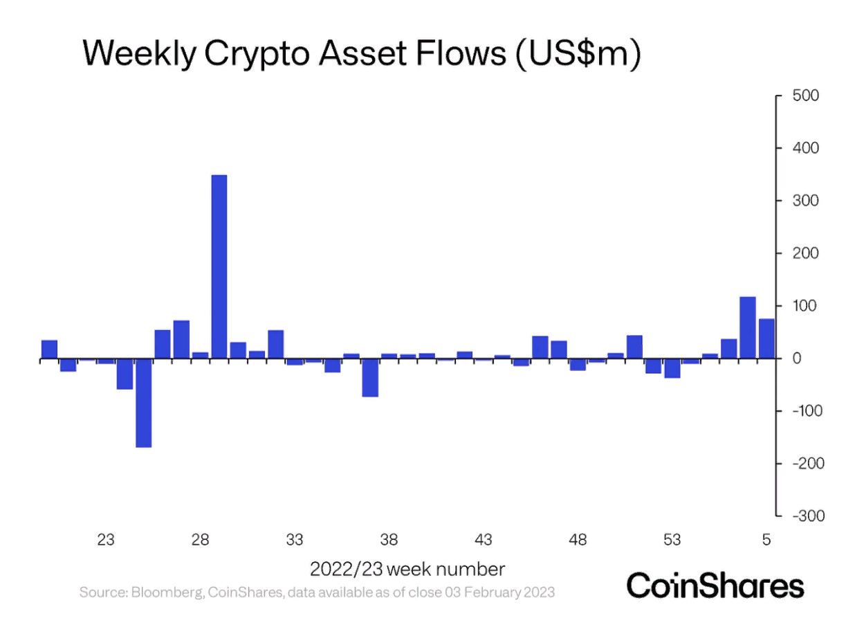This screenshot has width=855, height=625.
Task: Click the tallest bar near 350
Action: click(x=219, y=266)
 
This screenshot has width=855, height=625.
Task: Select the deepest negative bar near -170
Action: click(x=144, y=403)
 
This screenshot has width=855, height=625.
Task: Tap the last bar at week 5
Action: click(x=766, y=338)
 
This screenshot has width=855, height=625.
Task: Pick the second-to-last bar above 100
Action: click(x=748, y=327)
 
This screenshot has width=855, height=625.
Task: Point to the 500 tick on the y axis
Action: click(x=805, y=96)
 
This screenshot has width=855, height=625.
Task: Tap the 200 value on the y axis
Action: click(x=805, y=253)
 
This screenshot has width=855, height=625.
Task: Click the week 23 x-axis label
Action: click(x=106, y=540)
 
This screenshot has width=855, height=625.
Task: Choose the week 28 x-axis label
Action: click(x=200, y=540)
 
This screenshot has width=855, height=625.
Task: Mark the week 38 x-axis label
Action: click(x=389, y=540)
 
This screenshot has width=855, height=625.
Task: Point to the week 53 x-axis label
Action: click(x=672, y=540)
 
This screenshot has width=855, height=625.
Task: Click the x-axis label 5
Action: click(x=766, y=540)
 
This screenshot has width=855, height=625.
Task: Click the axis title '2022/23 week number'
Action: click(x=407, y=570)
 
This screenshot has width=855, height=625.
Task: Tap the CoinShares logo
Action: click(x=715, y=586)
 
